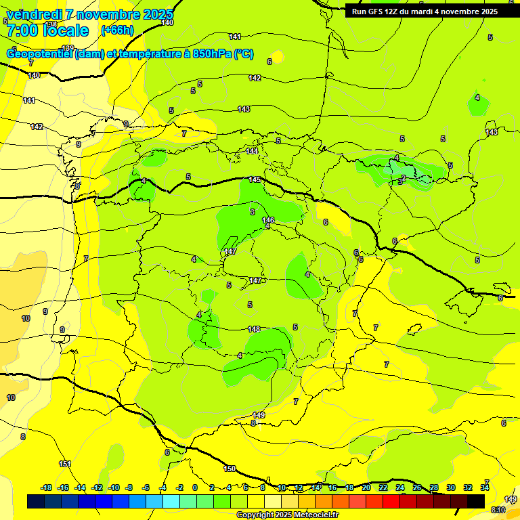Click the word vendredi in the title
pos(34,14)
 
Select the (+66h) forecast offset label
pos(117,30)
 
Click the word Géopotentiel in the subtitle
pos(40,54)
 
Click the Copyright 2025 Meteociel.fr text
pos(287,515)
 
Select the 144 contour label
pos(252,151)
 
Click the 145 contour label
pos(255,179)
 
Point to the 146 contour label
pos(268,220)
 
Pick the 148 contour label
pos(254,329)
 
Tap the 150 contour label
pos(230,469)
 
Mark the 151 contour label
pos(65,464)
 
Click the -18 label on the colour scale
pos(47,487)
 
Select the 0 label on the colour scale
pos(195,487)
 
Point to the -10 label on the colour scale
pos(114,487)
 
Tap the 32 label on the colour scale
pos(468,487)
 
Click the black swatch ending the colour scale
pos(476,501)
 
